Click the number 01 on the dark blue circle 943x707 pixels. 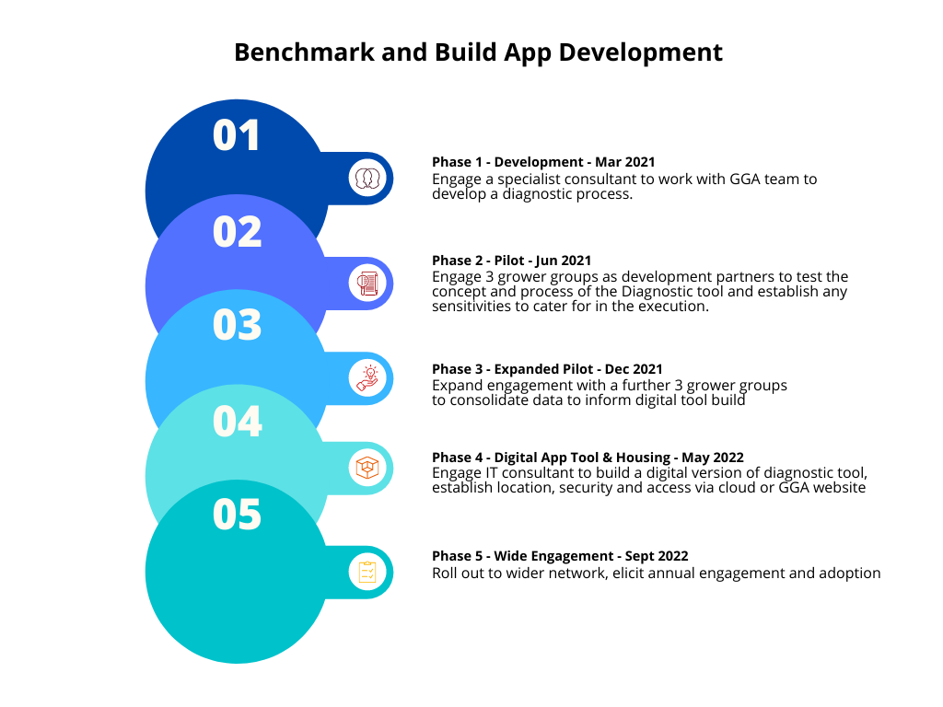237,135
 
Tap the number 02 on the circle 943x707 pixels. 237,232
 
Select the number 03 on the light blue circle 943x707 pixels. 237,325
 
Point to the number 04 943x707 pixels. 237,421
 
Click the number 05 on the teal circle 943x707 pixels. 237,515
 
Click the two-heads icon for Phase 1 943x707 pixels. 367,178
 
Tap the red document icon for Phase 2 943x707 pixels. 367,284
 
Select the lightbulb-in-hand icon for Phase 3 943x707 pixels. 367,378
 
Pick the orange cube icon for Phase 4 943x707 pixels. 367,468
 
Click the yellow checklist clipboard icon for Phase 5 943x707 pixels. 367,572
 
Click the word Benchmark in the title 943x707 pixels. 304,52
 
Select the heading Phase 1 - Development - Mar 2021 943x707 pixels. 543,162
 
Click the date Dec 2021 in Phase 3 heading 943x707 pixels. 634,369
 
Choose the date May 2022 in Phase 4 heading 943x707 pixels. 713,458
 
